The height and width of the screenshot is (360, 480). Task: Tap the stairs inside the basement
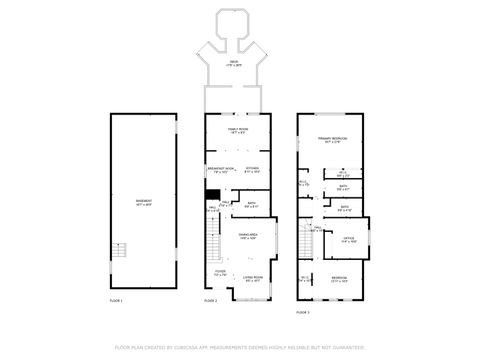click(x=120, y=250)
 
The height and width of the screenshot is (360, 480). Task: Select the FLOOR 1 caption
click(x=116, y=300)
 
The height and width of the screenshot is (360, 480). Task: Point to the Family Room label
click(x=237, y=130)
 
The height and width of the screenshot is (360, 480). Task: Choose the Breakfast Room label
click(x=220, y=169)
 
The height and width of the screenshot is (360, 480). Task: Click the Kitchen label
click(x=253, y=169)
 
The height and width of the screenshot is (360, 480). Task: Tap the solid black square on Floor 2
click(x=212, y=197)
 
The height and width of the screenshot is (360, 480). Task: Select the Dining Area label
click(x=249, y=236)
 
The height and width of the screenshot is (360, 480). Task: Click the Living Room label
click(x=254, y=279)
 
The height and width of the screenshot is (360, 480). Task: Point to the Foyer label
click(x=220, y=273)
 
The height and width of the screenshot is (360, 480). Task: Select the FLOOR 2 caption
click(x=210, y=300)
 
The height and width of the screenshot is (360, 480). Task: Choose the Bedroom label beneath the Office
click(x=341, y=279)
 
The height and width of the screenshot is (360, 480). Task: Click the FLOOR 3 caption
click(x=302, y=312)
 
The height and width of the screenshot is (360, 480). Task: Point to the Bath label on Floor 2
click(x=252, y=205)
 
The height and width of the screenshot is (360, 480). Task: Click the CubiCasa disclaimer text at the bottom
click(x=239, y=347)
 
